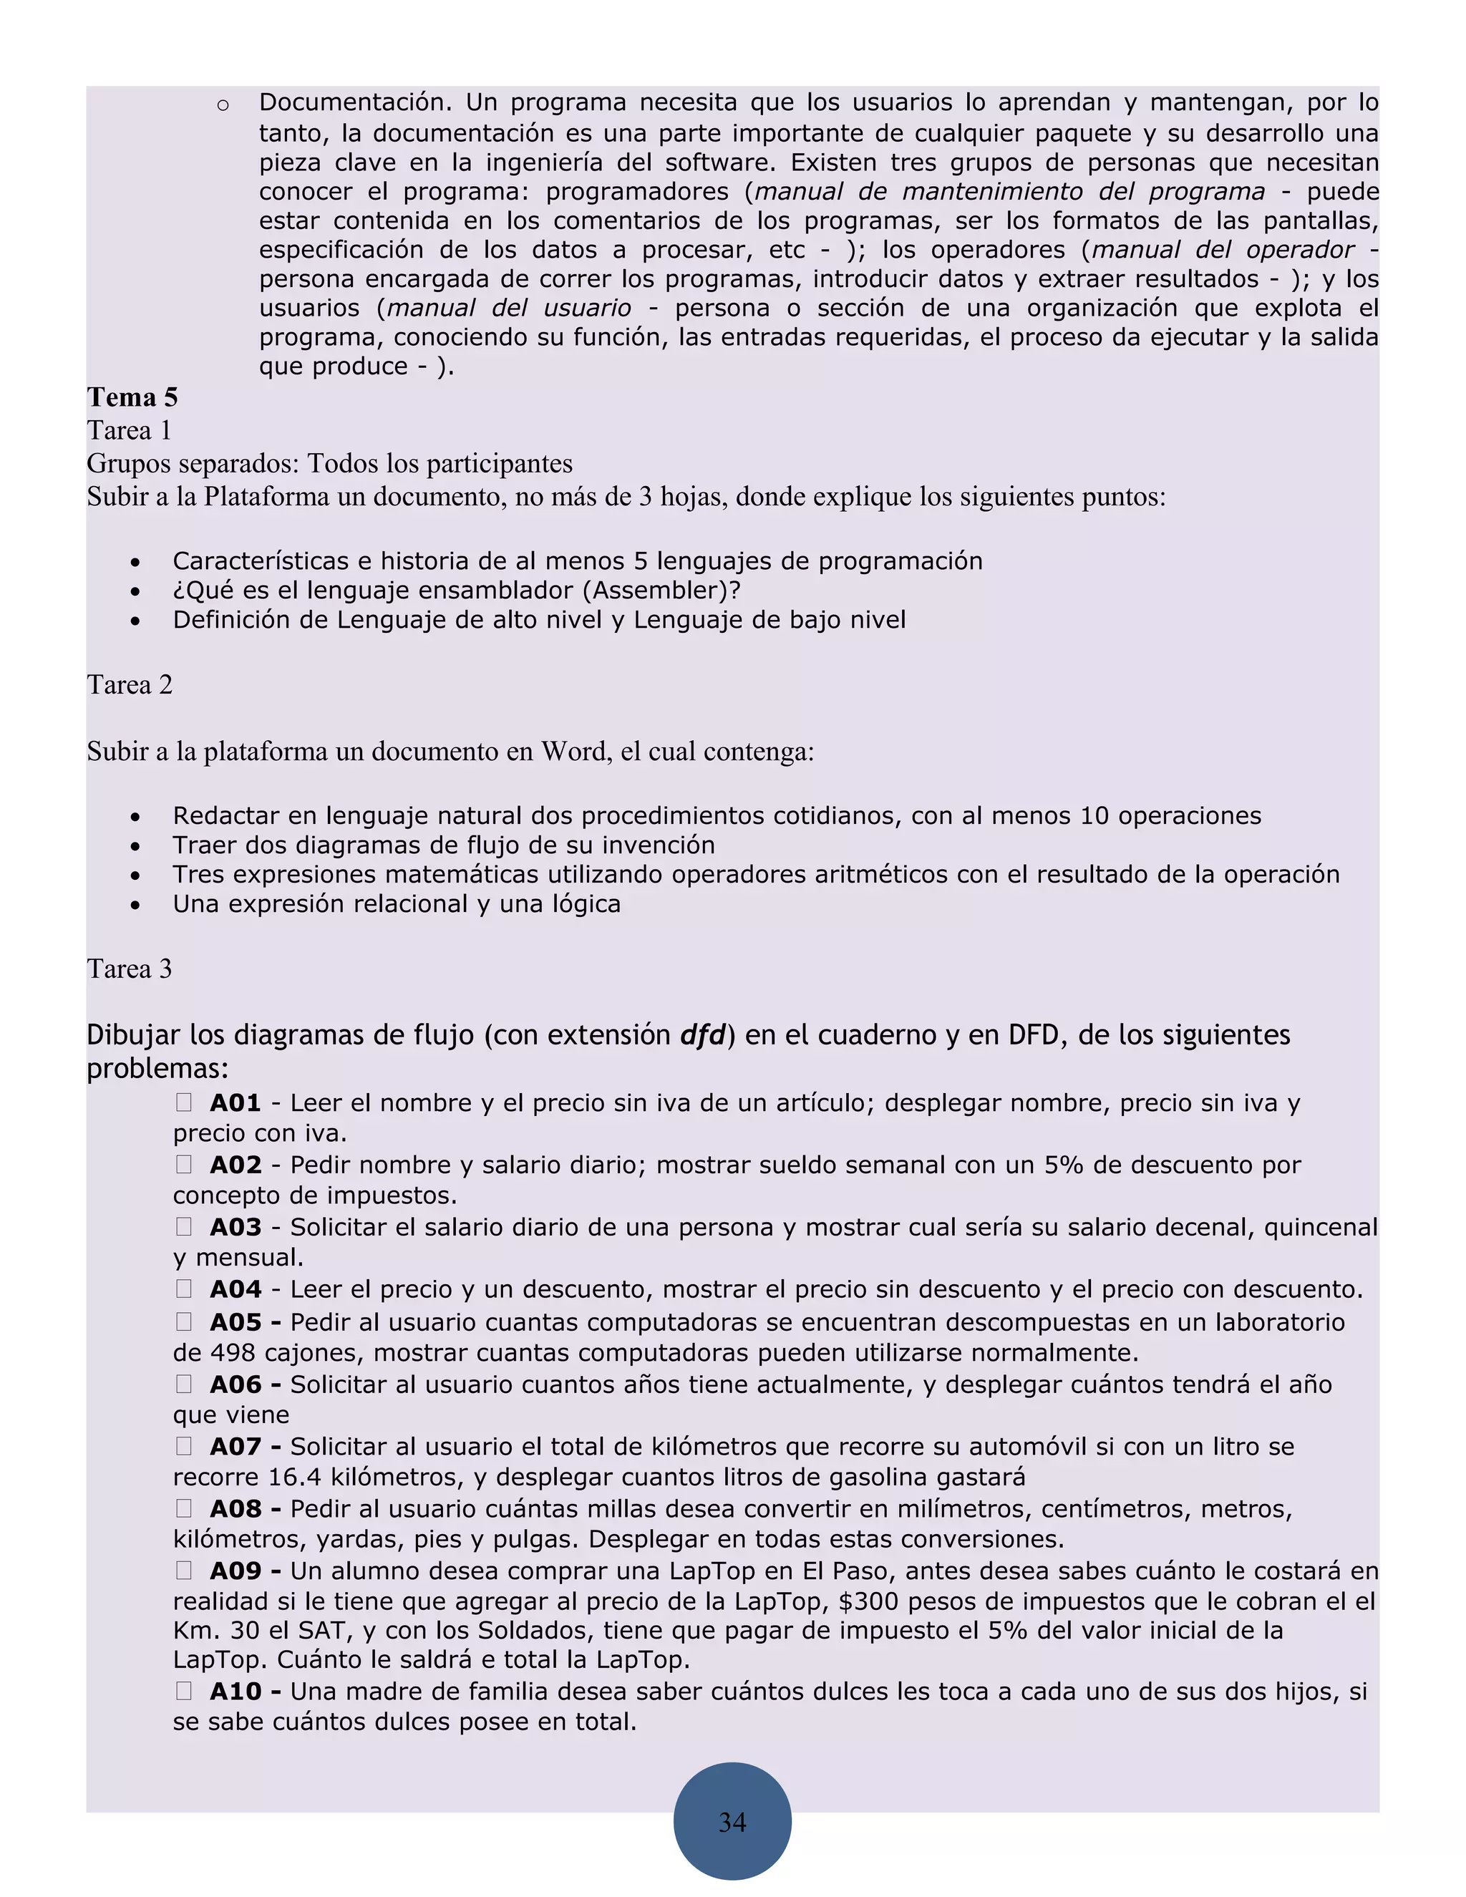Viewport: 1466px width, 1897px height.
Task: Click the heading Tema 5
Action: point(132,397)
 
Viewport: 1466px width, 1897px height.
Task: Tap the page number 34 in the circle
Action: point(732,1821)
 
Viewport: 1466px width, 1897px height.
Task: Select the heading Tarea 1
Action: point(130,431)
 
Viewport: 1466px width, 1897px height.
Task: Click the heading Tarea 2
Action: point(130,684)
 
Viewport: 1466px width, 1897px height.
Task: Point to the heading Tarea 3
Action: point(130,969)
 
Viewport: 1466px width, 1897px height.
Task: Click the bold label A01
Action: point(236,1103)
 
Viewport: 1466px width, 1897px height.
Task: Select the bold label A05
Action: point(236,1322)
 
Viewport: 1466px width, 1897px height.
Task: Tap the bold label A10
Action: point(236,1691)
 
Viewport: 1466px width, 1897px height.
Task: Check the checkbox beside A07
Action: point(184,1446)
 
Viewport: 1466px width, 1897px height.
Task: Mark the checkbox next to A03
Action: point(184,1226)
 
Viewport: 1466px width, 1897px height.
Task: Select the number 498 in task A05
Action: point(233,1353)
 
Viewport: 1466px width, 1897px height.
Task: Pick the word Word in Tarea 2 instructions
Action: point(568,752)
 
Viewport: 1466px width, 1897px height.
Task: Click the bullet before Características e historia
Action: point(135,563)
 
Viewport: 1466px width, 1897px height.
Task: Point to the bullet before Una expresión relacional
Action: point(135,905)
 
